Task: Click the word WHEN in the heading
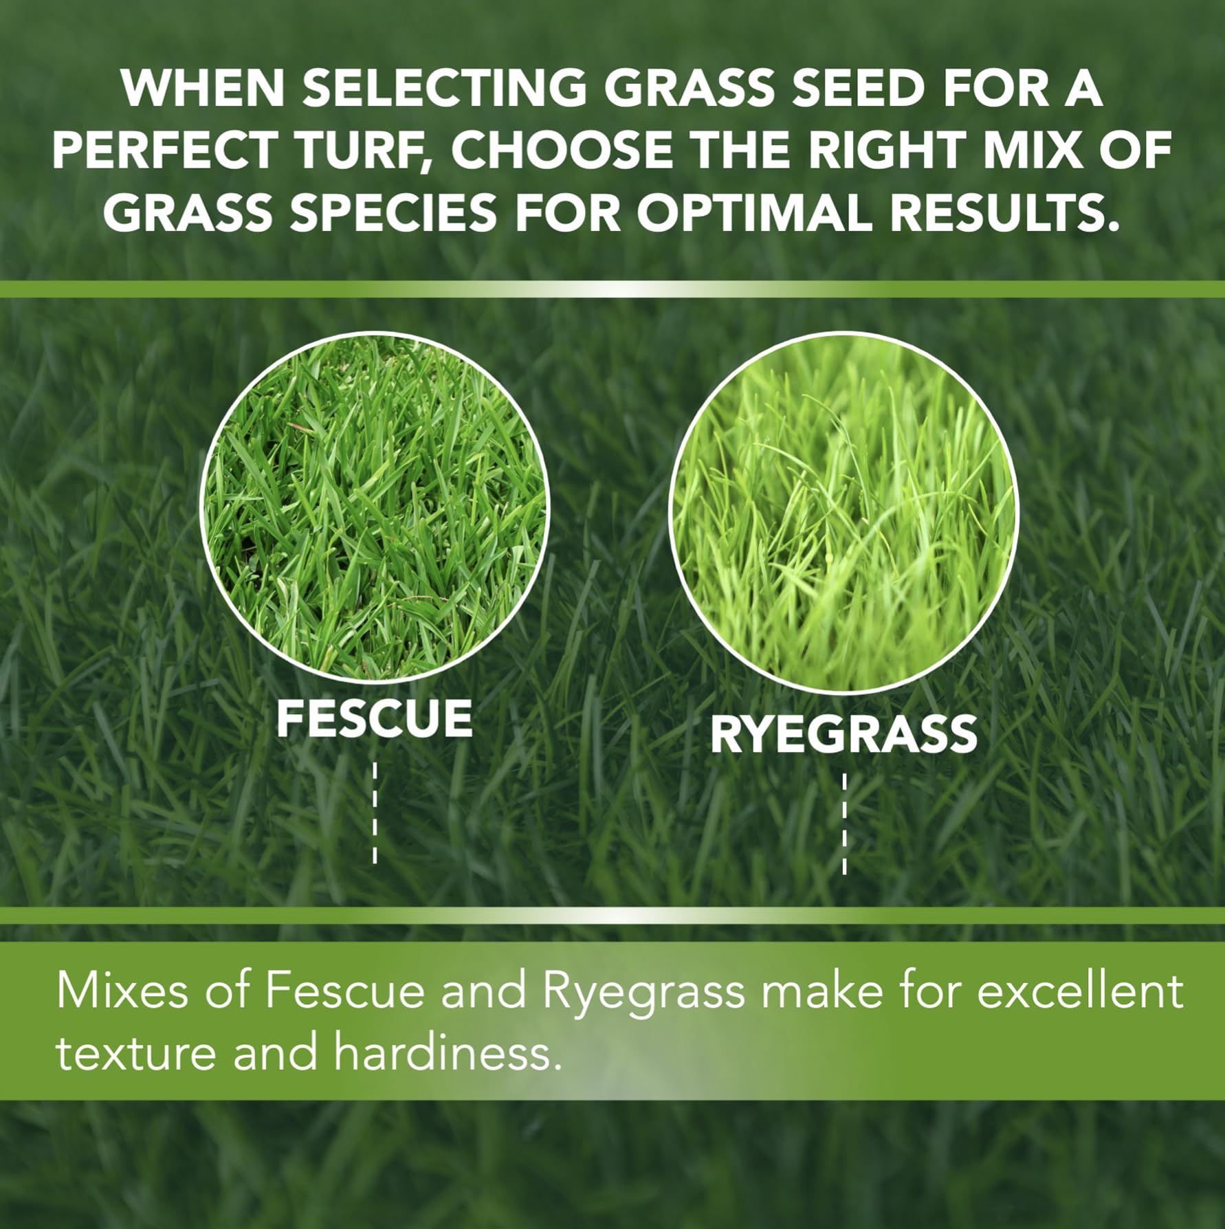203,88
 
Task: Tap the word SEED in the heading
854,88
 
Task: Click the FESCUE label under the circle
375,719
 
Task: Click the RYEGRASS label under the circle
843,734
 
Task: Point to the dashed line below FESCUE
375,811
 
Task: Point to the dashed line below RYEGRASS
844,823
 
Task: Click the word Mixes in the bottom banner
121,991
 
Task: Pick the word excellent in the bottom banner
1080,991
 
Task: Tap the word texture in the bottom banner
135,1053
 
